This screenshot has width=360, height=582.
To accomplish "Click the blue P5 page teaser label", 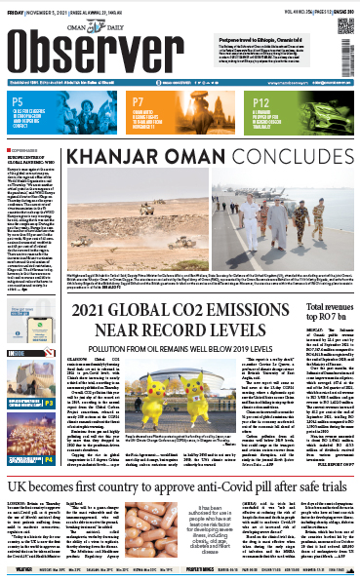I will (x=19, y=99).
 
